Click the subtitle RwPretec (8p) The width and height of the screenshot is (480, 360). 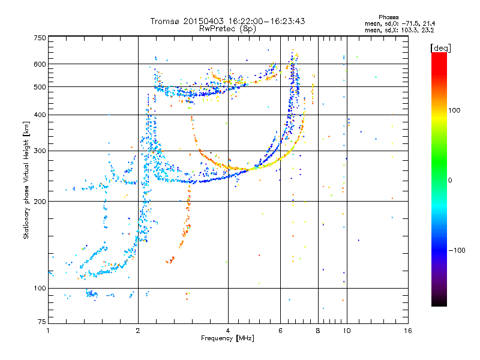[227, 29]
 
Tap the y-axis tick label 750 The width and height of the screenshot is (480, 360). [40, 38]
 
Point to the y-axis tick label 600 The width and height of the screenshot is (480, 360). [40, 64]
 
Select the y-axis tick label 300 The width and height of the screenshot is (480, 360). [40, 151]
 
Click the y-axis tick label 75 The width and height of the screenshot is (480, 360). [42, 322]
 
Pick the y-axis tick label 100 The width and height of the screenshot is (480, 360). [40, 288]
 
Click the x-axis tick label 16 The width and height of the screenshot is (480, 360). [408, 331]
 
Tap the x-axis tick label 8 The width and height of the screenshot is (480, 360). [318, 331]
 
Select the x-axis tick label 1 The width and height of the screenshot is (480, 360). [48, 331]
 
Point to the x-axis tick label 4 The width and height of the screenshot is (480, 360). [228, 331]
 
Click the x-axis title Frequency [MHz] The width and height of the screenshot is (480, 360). [227, 338]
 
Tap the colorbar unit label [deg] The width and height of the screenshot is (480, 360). [440, 48]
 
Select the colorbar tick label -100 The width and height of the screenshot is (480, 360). [457, 250]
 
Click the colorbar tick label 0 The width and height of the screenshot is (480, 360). [450, 181]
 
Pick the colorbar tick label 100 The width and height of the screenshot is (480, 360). [454, 110]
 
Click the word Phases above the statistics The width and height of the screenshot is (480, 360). [389, 17]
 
